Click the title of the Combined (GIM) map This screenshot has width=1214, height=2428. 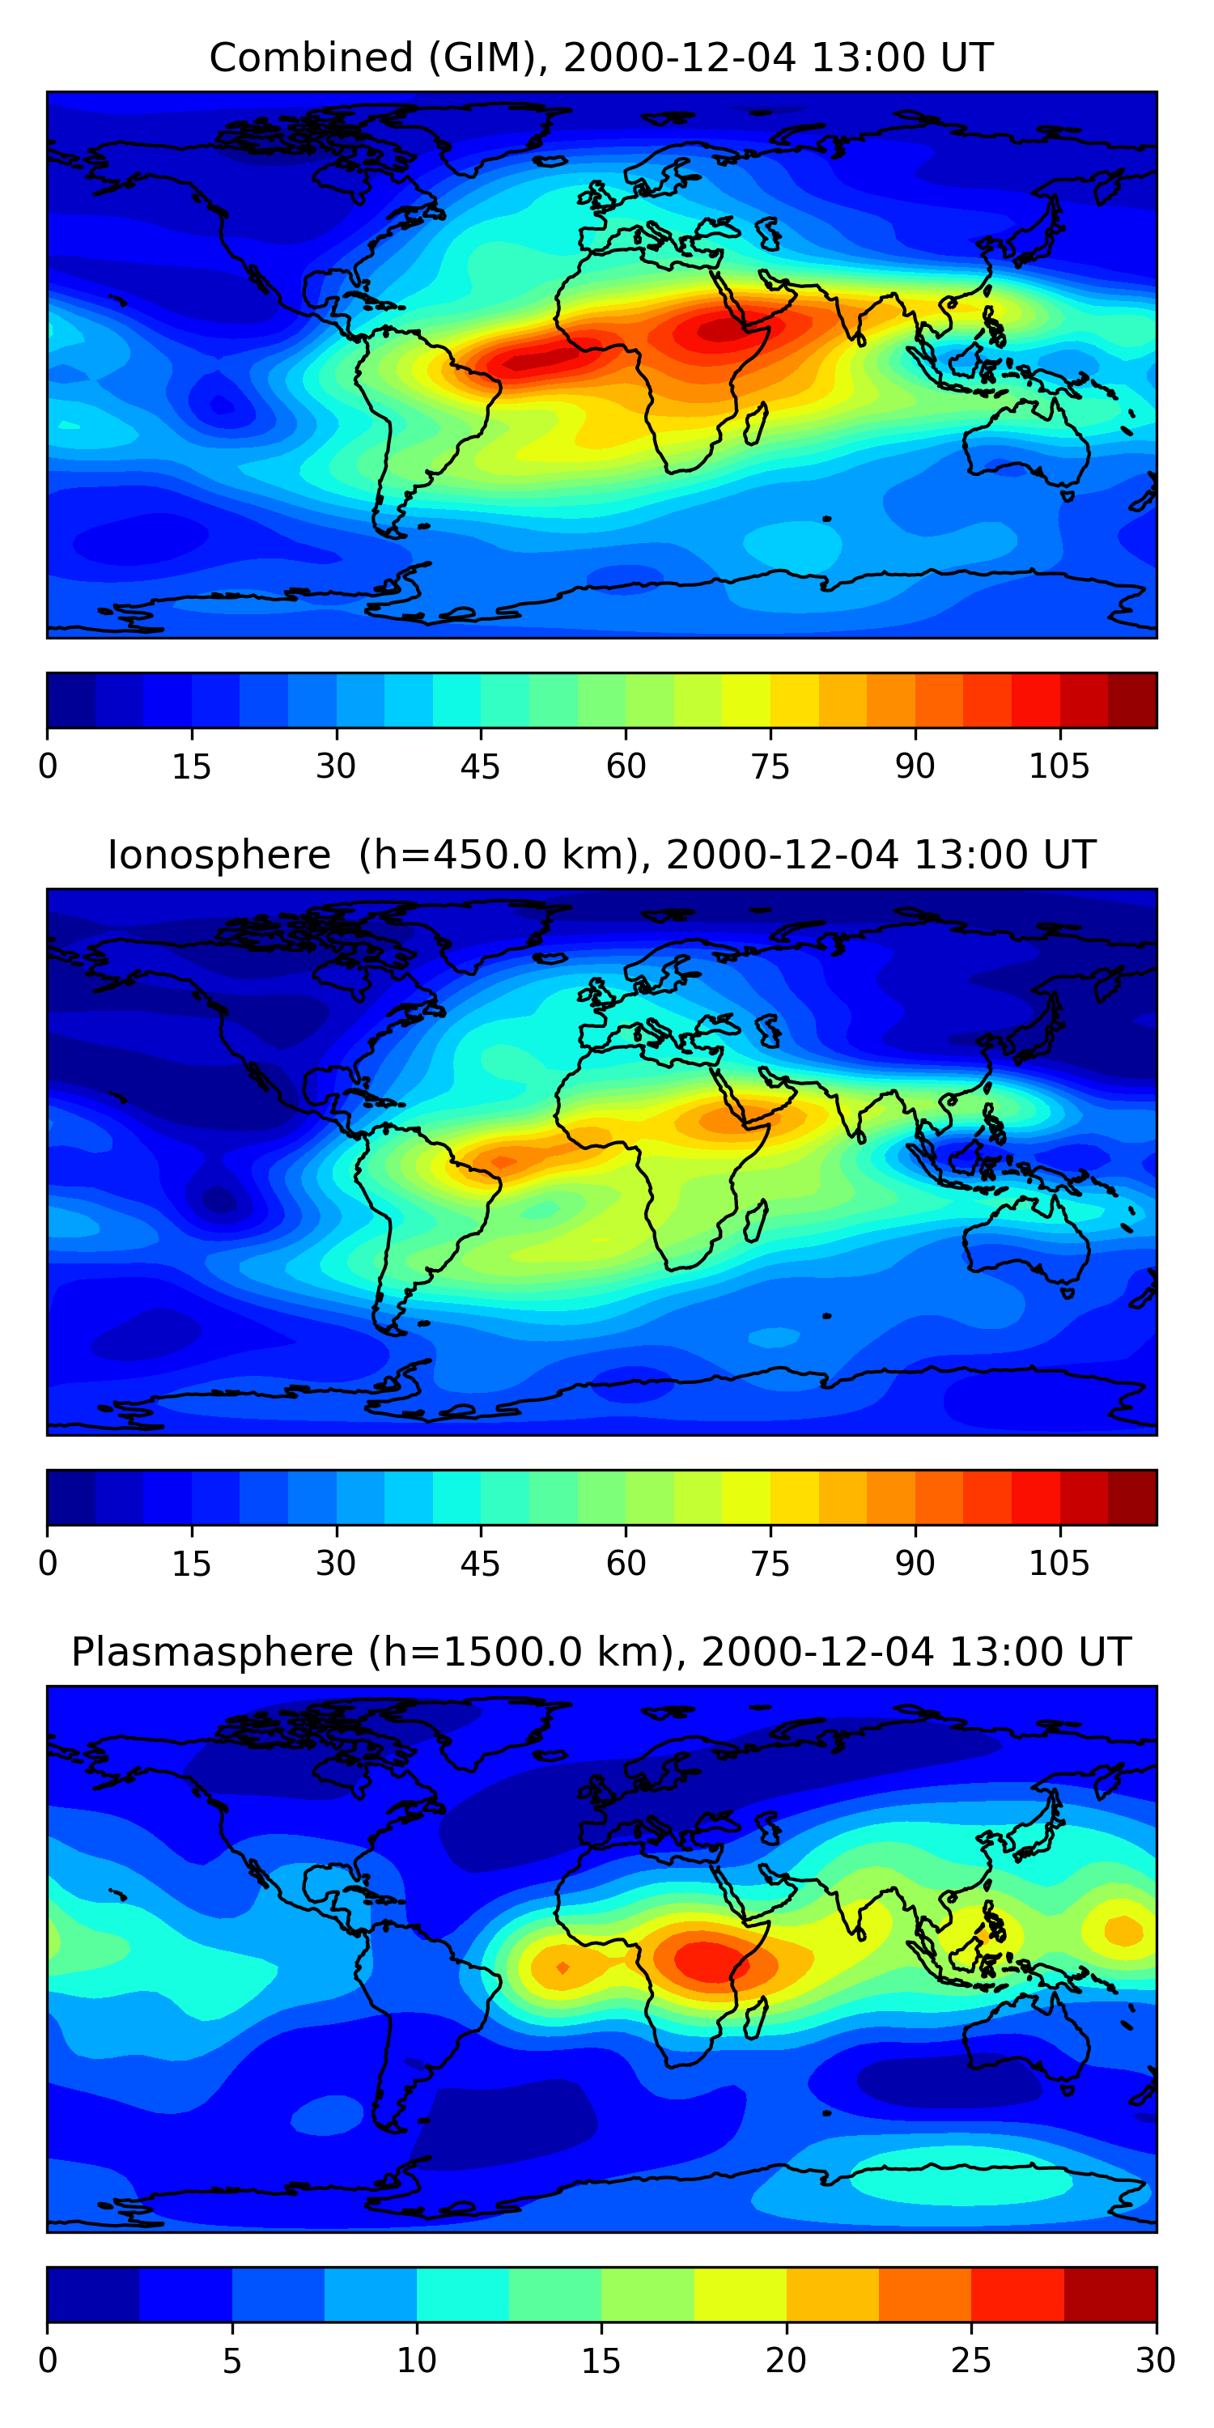(601, 58)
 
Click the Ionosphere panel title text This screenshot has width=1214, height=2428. (601, 855)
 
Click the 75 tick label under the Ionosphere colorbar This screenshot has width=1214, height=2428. (770, 1564)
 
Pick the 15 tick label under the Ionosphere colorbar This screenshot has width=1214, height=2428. (191, 1564)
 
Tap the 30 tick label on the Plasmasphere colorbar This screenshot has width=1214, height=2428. (1155, 2361)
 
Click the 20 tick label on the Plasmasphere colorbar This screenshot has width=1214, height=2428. (785, 2361)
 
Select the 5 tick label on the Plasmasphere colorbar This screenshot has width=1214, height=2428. (231, 2361)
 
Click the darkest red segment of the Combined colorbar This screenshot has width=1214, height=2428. (1132, 700)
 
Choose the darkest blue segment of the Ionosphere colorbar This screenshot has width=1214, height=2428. (70, 1496)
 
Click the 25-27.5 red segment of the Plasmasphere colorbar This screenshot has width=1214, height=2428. (1017, 2294)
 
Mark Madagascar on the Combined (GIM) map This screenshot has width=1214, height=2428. (756, 424)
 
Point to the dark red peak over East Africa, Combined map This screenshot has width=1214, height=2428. (721, 331)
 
